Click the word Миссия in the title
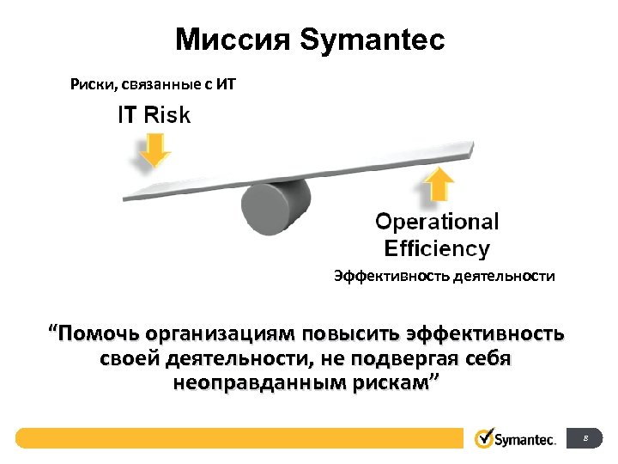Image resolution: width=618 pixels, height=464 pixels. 233,40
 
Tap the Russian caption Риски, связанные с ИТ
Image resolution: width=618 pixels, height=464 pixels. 152,84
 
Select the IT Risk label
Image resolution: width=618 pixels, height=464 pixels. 154,115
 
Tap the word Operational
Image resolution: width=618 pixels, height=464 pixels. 437,222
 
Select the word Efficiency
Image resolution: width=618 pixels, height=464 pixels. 437,249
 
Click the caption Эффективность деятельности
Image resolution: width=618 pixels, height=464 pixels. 444,277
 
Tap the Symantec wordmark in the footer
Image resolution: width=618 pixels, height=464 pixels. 526,439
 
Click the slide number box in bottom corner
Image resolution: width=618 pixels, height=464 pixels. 585,438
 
